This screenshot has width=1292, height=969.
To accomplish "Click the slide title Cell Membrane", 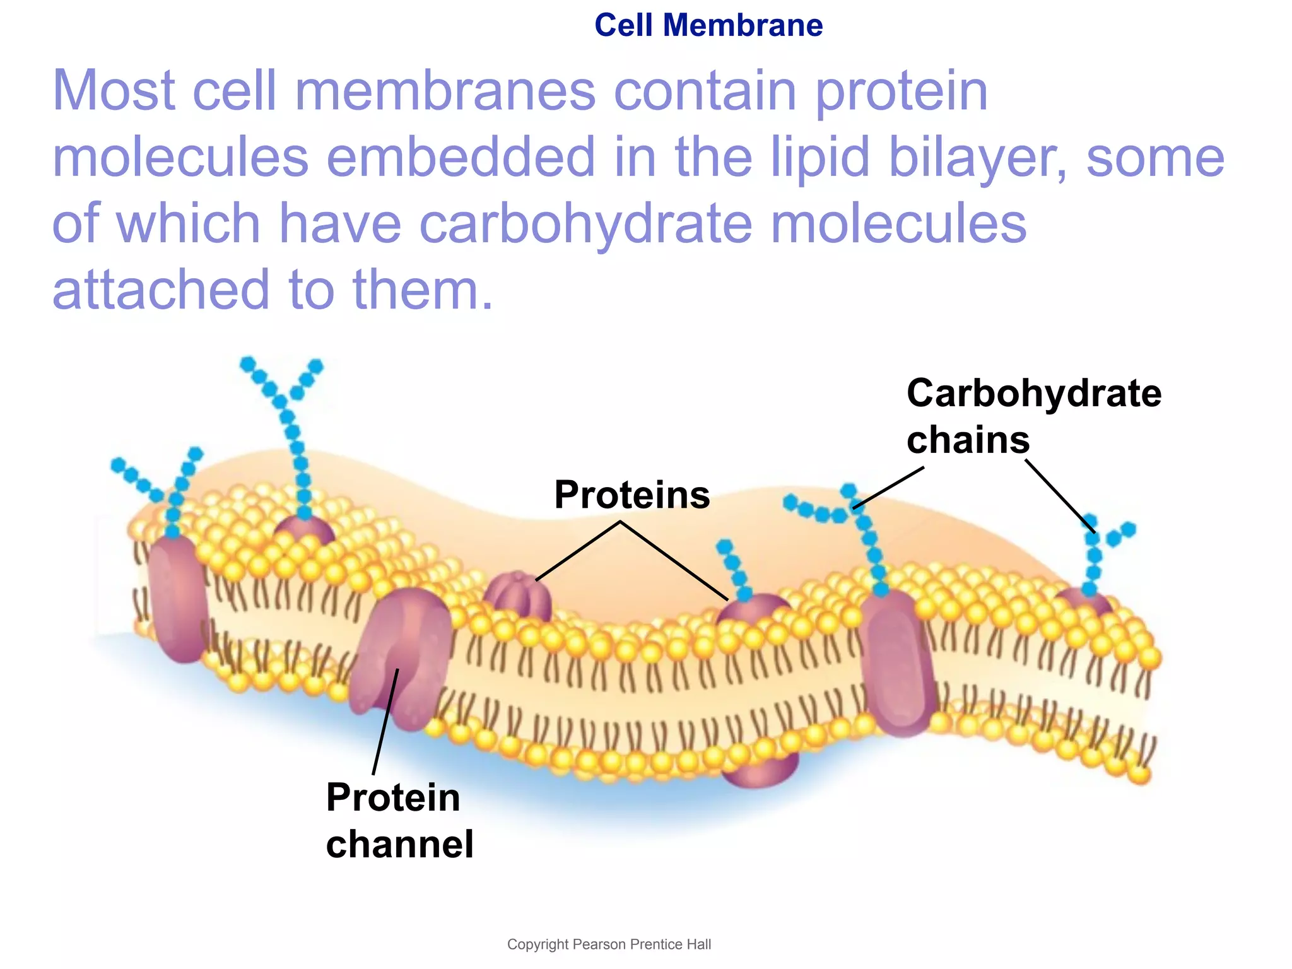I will (708, 26).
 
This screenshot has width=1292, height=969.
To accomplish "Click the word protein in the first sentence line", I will (901, 92).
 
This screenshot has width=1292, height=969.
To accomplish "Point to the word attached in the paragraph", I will (161, 290).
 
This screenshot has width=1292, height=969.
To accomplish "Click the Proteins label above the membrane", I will (631, 495).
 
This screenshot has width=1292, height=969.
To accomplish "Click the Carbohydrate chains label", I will (1033, 416).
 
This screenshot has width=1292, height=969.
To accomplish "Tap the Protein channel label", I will (399, 821).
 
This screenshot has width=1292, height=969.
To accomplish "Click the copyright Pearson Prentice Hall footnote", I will (609, 944).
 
